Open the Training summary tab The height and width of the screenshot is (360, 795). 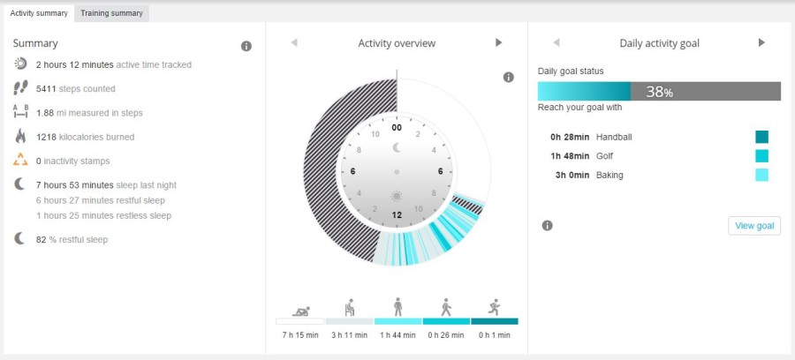point(111,13)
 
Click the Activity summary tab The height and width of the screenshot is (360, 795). point(38,13)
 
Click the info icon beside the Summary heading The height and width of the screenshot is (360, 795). point(246,46)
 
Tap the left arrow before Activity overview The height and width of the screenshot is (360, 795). point(294,42)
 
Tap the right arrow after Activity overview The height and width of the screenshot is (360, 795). point(498,42)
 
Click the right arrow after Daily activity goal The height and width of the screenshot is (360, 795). point(761,42)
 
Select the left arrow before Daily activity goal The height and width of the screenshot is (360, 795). point(556,42)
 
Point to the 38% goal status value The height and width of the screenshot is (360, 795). point(659,92)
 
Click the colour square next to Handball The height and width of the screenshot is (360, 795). point(761,137)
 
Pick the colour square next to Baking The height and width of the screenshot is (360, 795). point(761,175)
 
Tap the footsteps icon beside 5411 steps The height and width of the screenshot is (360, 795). point(21,88)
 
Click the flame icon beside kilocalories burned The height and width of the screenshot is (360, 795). point(21,136)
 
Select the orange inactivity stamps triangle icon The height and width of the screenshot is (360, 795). point(21,161)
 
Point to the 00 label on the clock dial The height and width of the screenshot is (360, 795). point(397,127)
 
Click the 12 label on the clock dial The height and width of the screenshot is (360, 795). point(397,214)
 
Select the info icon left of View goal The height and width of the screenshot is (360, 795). point(547,226)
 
